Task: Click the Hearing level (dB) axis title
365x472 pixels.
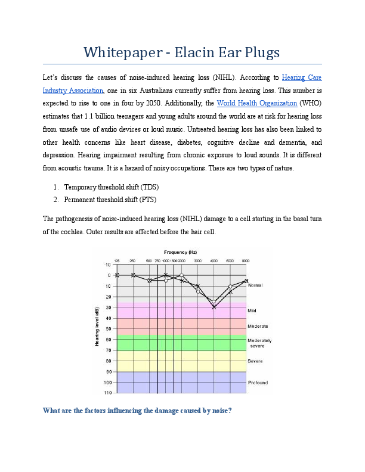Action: [x=97, y=327]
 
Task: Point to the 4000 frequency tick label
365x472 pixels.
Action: [x=214, y=260]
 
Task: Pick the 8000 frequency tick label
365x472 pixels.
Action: [x=246, y=260]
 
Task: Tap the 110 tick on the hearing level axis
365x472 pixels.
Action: [x=108, y=393]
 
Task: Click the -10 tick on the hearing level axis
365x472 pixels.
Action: [x=108, y=264]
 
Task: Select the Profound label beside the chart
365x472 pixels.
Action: [x=258, y=382]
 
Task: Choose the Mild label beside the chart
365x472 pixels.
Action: [x=252, y=311]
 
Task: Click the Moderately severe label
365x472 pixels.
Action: [x=259, y=343]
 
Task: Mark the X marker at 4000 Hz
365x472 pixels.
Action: [x=214, y=306]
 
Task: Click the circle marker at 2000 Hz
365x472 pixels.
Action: [x=181, y=275]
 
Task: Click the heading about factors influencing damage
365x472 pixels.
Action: [x=137, y=410]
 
